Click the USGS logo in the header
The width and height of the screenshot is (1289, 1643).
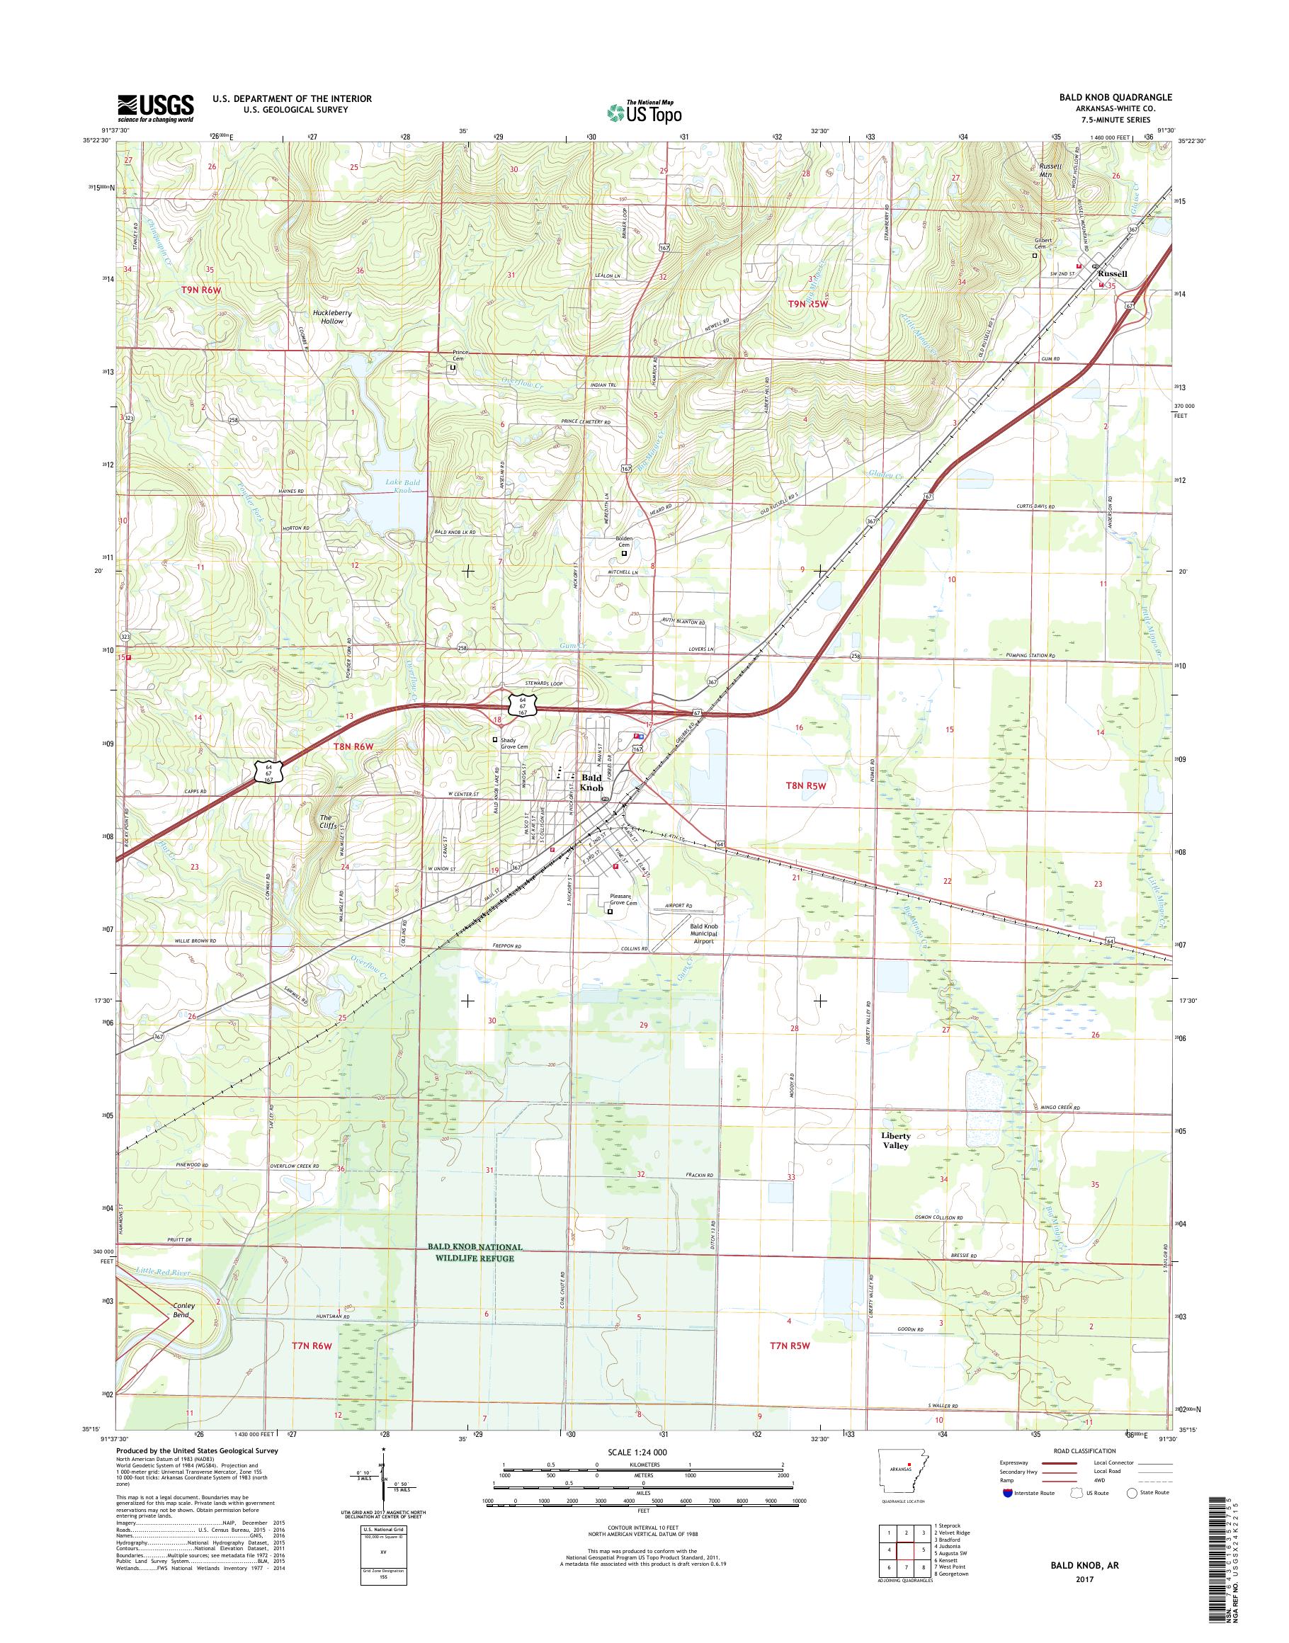[154, 108]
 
